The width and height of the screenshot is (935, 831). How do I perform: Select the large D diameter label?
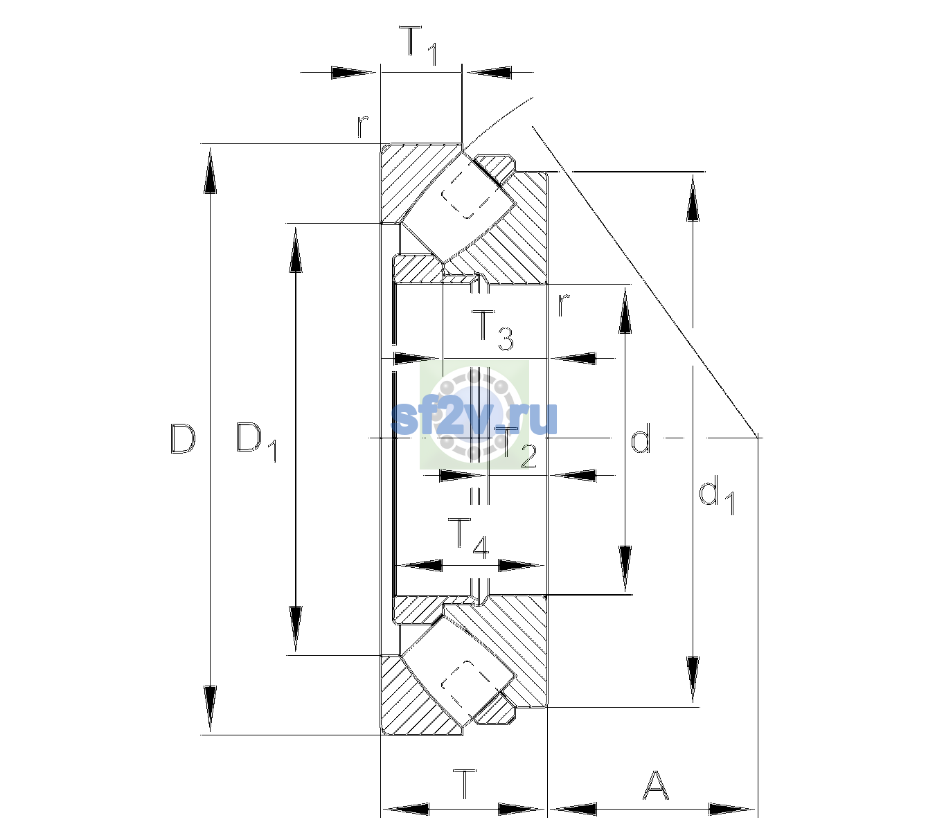click(184, 439)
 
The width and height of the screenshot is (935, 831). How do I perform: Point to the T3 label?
click(492, 330)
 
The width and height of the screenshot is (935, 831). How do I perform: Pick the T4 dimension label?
click(468, 539)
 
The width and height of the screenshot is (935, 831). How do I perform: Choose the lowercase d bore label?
click(641, 438)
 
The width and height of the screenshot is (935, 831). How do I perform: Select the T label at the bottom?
click(465, 785)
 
